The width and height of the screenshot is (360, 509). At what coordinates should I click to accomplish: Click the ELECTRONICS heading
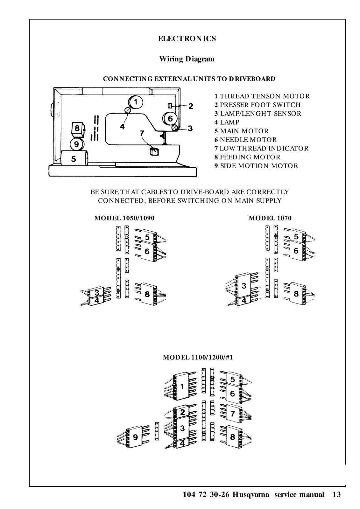point(187,39)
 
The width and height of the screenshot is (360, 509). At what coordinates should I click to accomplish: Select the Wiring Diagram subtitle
point(187,59)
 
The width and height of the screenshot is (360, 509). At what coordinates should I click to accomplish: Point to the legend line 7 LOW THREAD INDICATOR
point(261,149)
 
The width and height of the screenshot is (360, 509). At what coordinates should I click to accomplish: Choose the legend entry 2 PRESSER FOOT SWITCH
point(257,105)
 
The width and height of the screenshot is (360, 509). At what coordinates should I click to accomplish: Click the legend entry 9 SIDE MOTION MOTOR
point(256,166)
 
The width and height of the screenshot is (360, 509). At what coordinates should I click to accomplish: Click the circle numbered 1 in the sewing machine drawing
point(136,102)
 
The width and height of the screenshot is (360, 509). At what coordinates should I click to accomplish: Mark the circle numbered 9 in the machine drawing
point(76,144)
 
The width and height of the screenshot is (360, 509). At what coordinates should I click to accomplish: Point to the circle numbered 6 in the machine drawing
point(170,119)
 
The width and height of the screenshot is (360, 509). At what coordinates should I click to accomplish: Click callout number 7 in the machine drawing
point(142,133)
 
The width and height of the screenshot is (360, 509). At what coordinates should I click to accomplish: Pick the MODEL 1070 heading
point(270,218)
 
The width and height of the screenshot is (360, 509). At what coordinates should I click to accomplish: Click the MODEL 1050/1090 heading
point(124,218)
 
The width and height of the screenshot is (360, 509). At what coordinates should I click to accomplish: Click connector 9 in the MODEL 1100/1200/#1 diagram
point(135,437)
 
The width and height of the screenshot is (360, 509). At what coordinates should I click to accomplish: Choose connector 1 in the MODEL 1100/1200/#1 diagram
point(182,387)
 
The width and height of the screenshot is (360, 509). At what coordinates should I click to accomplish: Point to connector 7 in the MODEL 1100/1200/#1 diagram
point(233,414)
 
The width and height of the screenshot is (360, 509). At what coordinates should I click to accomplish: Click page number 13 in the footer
point(336,495)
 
